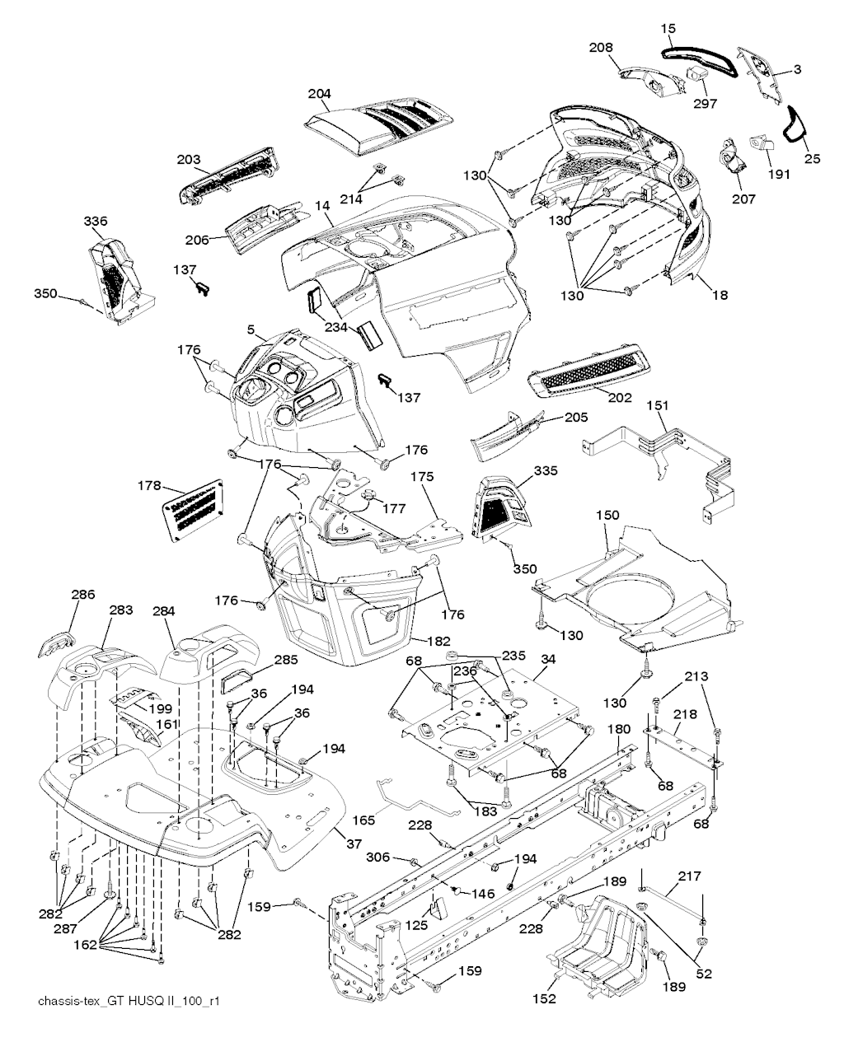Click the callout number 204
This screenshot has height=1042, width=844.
point(319,94)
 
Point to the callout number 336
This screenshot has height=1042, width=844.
point(96,221)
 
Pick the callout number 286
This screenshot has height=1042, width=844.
point(83,594)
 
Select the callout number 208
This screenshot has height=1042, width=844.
point(601,48)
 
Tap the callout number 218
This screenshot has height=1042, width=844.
point(685,714)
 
